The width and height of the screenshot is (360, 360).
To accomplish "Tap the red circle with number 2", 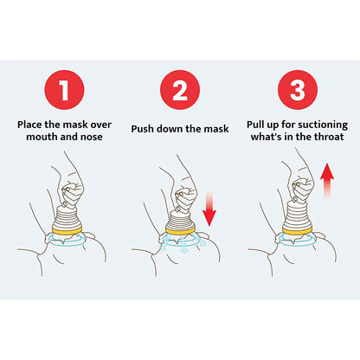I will pyautogui.click(x=180, y=90).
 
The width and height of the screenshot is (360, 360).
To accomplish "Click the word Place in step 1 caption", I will pyautogui.click(x=33, y=123).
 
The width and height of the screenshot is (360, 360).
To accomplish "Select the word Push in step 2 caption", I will pyautogui.click(x=145, y=128).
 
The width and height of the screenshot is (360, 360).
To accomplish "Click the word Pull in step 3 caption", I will pyautogui.click(x=260, y=123).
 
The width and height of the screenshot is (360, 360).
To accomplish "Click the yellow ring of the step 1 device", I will pyautogui.click(x=67, y=231).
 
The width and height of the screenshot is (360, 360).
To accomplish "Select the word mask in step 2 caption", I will pyautogui.click(x=215, y=128).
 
